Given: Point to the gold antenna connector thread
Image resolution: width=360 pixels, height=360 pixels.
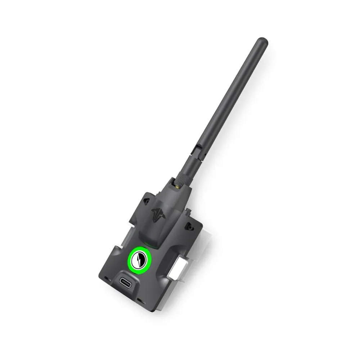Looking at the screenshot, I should tap(177, 186).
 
